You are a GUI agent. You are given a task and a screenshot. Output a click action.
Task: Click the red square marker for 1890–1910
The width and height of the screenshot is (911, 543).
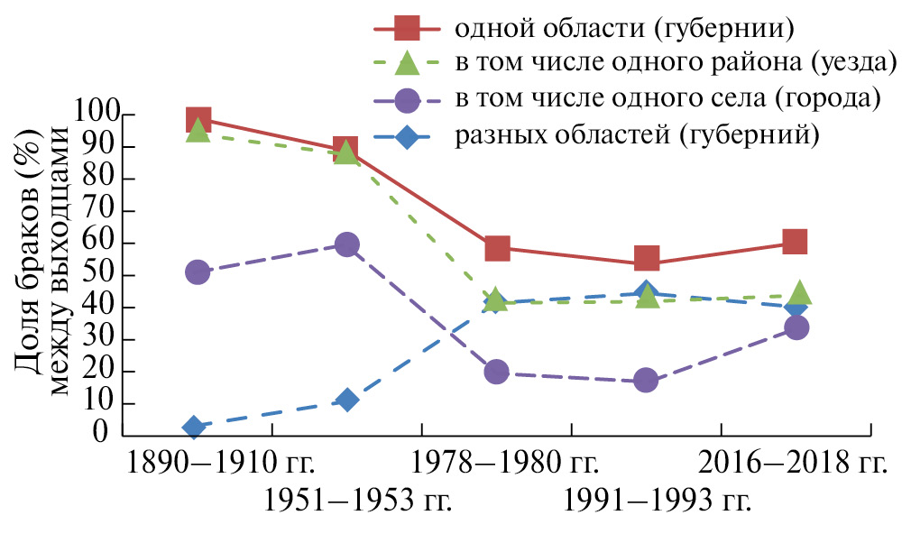point(198,119)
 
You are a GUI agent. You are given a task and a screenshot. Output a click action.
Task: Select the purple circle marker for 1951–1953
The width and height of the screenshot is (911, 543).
point(347,244)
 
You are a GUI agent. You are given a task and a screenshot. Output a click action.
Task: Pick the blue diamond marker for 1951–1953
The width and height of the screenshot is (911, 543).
point(347,400)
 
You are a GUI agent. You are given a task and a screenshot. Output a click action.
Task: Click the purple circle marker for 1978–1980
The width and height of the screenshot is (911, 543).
point(497,372)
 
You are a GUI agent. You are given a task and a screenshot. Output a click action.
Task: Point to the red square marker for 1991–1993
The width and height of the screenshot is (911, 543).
point(647,259)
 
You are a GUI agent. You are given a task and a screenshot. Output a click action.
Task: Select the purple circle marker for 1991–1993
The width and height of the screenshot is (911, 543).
point(646,380)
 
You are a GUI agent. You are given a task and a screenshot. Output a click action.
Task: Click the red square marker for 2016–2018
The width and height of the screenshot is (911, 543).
point(795,241)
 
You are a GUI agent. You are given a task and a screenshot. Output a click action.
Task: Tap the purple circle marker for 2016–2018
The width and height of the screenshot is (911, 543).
point(796,327)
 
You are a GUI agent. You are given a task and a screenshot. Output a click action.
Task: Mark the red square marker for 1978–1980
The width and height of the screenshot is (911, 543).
point(497,248)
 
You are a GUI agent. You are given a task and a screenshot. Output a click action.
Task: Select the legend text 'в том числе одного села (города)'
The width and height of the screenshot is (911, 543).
point(667,99)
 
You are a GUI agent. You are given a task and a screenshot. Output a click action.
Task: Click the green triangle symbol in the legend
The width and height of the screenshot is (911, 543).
point(407,64)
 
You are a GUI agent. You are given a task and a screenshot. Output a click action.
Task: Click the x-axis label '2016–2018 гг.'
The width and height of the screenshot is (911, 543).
point(794,464)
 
